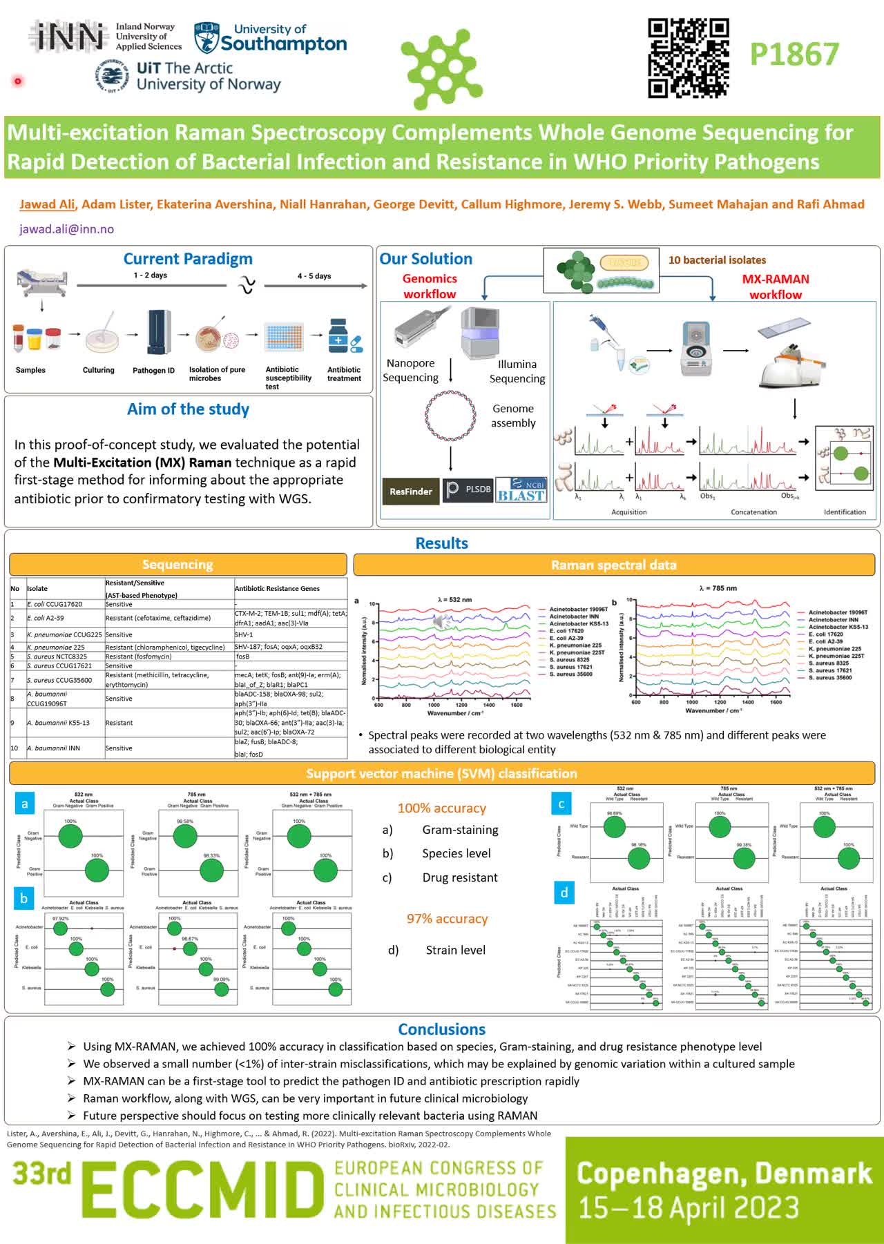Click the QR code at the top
tap(688, 58)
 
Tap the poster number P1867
tap(794, 55)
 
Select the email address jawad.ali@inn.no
tap(67, 229)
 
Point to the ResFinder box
tap(410, 492)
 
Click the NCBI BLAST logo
tap(521, 489)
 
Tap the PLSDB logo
tap(468, 489)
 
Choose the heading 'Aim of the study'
tap(188, 409)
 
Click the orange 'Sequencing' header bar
tap(177, 565)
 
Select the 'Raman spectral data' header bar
tap(613, 565)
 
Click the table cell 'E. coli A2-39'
tap(46, 618)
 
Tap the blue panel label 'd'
tap(564, 893)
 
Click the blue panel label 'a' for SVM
tap(25, 804)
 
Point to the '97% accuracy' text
tap(447, 919)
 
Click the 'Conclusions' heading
tap(441, 1029)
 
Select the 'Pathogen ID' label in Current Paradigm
tap(153, 371)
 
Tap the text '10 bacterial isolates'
tap(717, 260)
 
